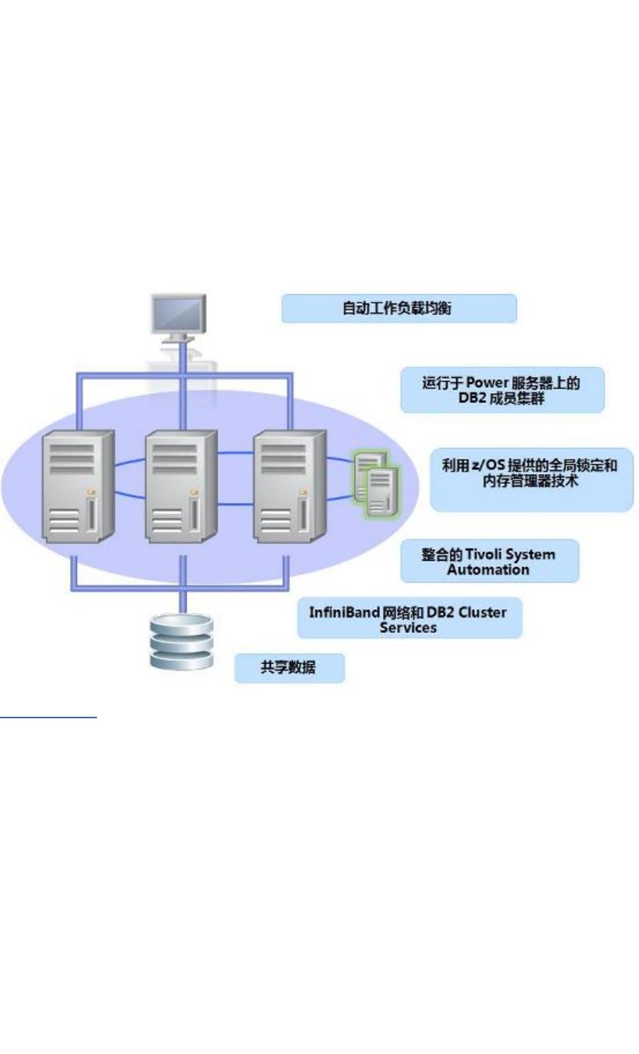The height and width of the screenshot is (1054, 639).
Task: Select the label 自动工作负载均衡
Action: tap(398, 309)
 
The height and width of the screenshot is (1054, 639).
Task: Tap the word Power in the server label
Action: tap(481, 383)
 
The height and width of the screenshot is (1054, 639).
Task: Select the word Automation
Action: tap(488, 570)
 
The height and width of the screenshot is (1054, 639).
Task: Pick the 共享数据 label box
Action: tap(289, 668)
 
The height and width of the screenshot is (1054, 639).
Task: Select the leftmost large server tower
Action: tap(77, 487)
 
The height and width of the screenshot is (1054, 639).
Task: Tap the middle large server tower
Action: tap(181, 487)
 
